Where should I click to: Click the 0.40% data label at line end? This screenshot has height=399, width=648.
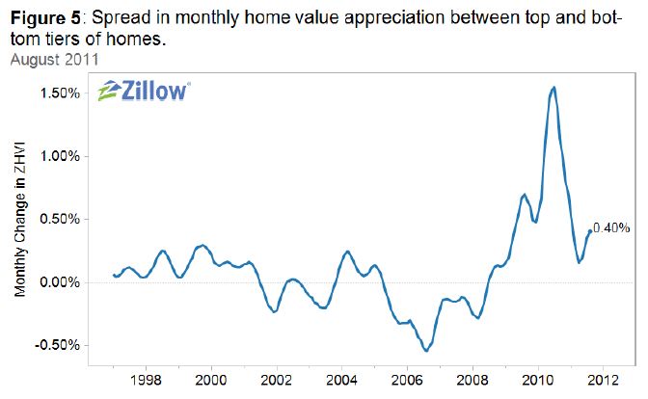coord(611,228)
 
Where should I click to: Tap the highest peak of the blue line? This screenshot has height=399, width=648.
coord(553,88)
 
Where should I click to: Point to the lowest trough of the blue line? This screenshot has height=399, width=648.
coord(426,351)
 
